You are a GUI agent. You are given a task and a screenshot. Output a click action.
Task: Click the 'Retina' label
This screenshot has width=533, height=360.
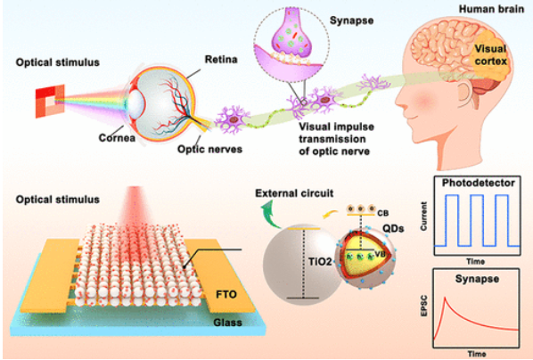pos(221,60)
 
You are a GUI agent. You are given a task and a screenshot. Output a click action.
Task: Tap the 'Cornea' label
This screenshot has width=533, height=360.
pos(117,138)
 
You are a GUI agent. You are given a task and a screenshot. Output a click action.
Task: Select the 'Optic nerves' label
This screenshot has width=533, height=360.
pos(209,149)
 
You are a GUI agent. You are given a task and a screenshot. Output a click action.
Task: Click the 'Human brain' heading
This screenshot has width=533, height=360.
pos(491,9)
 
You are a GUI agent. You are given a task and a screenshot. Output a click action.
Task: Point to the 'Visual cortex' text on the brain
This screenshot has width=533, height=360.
pos(491,54)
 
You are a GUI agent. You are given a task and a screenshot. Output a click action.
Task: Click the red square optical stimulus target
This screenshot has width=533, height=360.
pos(50,102)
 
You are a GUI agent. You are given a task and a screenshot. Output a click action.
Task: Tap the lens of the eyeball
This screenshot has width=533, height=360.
pos(135,102)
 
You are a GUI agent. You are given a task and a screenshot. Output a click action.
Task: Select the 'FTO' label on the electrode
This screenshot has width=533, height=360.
pos(226,294)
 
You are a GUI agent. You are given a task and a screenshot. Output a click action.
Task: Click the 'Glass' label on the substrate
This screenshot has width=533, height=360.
pos(228,323)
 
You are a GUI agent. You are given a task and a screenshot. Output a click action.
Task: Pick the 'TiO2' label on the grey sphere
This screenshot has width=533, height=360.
pos(320,261)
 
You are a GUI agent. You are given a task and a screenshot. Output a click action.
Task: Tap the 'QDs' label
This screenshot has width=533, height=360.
pos(393,228)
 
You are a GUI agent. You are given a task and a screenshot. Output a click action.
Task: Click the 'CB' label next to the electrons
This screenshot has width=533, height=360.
pos(382,214)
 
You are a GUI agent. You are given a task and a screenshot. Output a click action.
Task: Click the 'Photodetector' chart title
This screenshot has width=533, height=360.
pos(479,183)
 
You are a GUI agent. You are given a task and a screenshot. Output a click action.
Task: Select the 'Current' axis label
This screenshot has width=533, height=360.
pos(424,217)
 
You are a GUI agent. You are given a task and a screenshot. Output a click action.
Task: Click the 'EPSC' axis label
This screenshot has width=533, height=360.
pos(423,307)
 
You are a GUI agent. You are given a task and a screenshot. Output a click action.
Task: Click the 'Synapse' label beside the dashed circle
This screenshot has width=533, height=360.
pos(351,20)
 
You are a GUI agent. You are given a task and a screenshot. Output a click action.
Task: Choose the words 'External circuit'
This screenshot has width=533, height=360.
pos(294,193)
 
